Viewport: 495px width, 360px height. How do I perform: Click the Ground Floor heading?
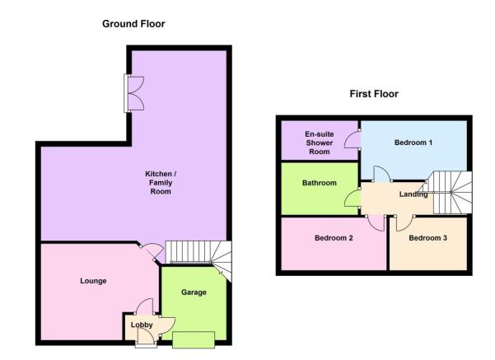click(133, 24)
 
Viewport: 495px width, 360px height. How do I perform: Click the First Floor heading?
click(374, 94)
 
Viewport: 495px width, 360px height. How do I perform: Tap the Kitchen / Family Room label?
click(161, 183)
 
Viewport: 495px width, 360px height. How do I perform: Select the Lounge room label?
click(93, 281)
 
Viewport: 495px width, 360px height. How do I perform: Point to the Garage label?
click(194, 292)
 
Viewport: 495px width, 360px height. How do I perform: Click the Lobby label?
click(142, 325)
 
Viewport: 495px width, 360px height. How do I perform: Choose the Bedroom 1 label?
click(413, 143)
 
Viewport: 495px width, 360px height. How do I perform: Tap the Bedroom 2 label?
click(334, 238)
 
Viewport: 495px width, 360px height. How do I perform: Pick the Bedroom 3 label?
click(427, 238)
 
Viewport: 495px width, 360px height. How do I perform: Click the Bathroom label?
click(320, 183)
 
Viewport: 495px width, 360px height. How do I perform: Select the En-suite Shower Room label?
click(320, 143)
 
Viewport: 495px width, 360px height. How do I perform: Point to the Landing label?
click(413, 194)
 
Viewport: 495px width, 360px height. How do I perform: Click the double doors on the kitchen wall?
click(134, 93)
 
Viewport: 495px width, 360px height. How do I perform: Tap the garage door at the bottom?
click(194, 339)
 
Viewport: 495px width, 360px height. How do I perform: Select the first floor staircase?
click(451, 192)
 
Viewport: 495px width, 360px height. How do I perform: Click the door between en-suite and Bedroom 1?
click(353, 139)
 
